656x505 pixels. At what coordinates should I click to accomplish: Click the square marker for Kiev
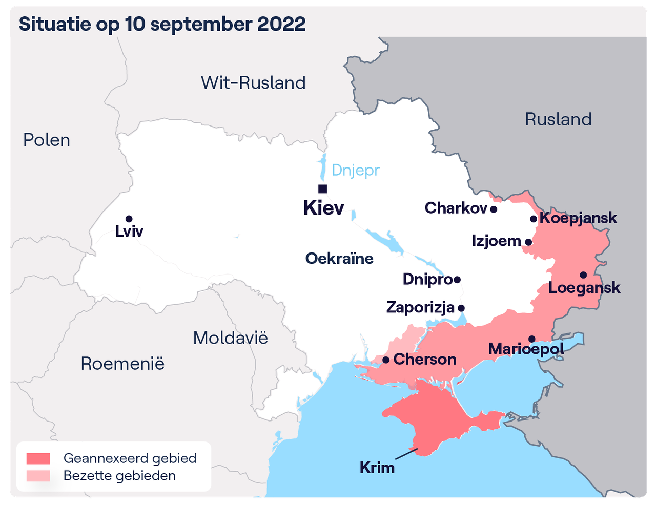(322, 188)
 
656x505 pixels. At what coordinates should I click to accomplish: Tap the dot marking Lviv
(129, 219)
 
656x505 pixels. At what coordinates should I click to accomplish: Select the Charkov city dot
(493, 209)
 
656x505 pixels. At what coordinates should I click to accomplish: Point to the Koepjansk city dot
(534, 219)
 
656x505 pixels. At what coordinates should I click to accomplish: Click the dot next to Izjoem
(528, 242)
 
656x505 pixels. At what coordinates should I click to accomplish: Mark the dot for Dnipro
(457, 280)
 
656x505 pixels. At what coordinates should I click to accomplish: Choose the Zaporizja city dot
(461, 308)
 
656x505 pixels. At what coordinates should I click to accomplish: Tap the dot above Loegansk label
(583, 275)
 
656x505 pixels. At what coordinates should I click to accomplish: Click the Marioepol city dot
(532, 339)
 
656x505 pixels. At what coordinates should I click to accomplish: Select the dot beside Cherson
(386, 360)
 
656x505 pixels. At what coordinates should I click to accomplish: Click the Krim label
(377, 468)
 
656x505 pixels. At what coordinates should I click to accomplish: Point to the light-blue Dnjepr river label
(356, 170)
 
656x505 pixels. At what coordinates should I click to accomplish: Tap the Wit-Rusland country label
(253, 83)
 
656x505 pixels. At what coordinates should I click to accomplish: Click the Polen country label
(47, 140)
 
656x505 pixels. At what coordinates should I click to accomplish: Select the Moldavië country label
(230, 338)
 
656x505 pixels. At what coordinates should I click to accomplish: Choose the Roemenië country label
(122, 364)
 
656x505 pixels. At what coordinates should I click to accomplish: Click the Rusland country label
(558, 119)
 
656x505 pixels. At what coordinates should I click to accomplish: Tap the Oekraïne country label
(339, 258)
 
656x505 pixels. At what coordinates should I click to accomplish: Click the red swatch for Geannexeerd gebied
(38, 458)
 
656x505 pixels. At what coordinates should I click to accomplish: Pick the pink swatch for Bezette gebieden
(38, 476)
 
